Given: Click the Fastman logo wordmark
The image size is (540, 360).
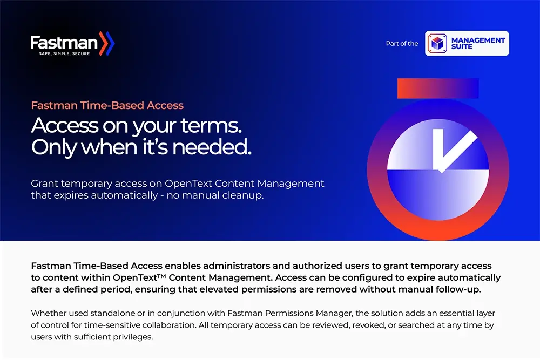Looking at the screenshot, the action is point(64,43).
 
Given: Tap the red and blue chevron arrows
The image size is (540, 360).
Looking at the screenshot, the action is point(107,43).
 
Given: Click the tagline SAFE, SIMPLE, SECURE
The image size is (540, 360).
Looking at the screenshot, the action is point(64,53).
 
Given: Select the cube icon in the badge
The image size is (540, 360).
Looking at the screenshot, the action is point(437,43).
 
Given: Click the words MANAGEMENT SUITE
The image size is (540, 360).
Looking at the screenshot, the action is point(478,43).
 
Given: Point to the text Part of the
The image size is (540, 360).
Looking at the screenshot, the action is point(402,43).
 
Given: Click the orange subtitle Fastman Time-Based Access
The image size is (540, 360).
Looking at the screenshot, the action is point(107,105).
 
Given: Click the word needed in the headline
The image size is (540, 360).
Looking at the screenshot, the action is point(212,147).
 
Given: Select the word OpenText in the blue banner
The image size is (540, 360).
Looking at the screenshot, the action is point(188,184).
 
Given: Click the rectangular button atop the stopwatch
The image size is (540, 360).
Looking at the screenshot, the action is point(438,89).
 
